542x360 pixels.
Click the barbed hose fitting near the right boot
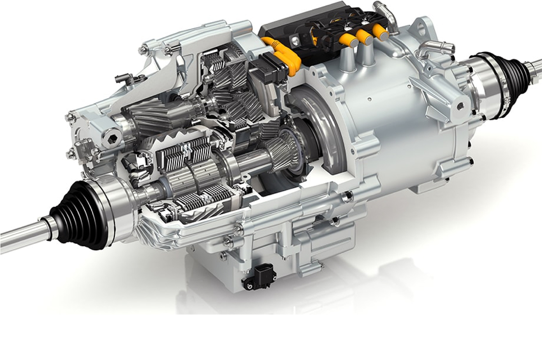pos(432,47)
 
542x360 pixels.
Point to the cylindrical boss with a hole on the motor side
pos(460,106)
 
